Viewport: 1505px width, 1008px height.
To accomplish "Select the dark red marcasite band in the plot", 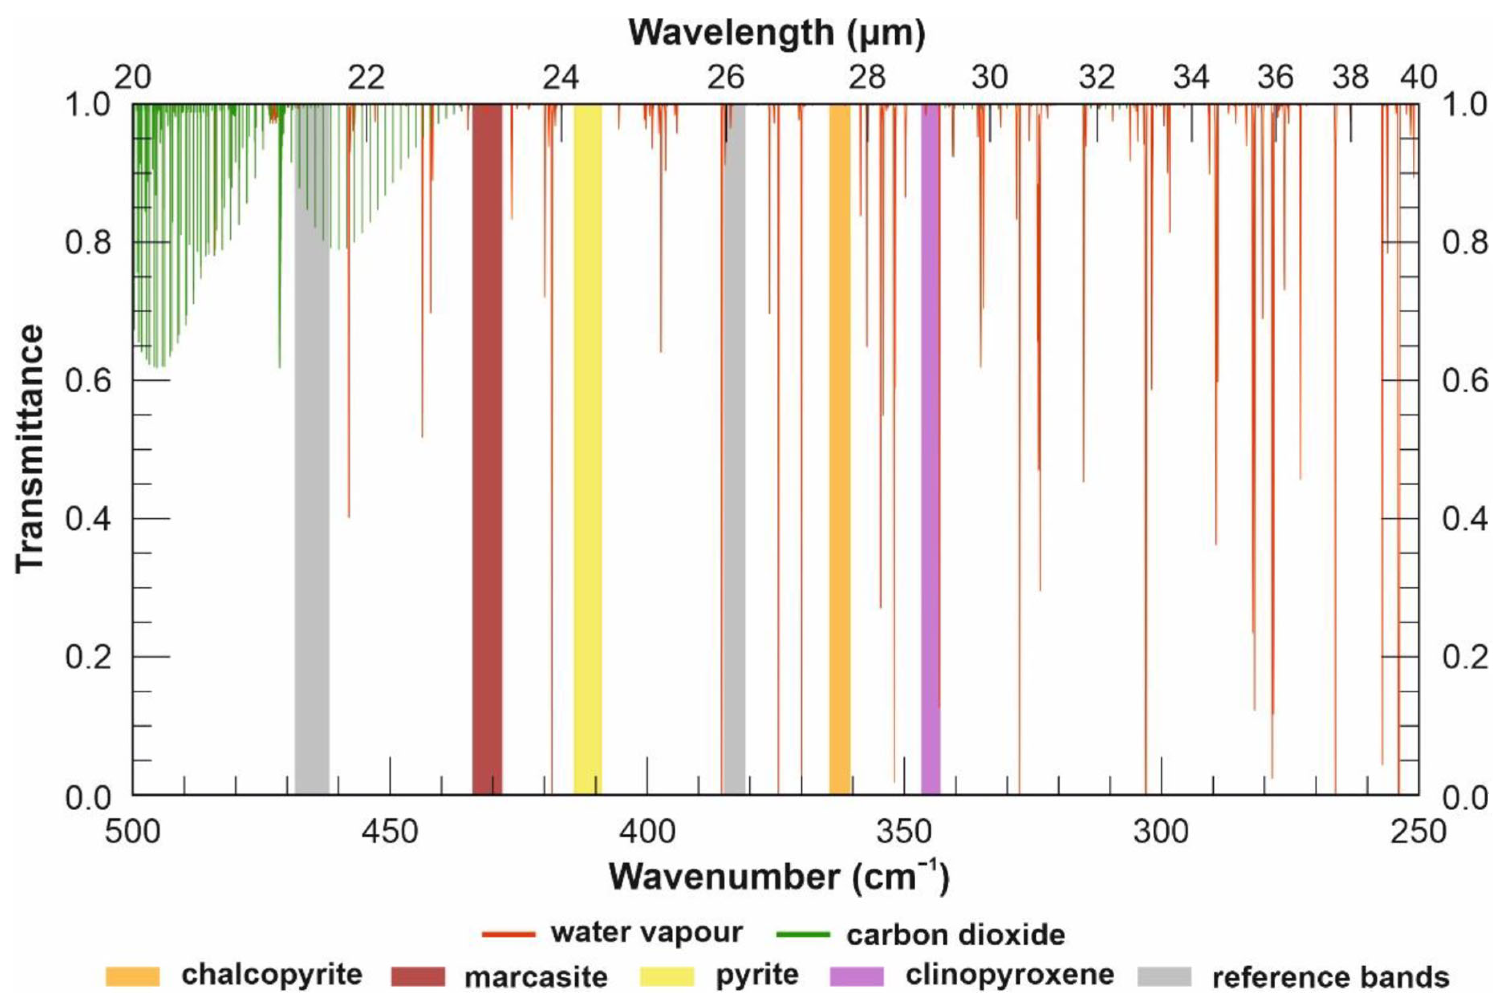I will coord(487,450).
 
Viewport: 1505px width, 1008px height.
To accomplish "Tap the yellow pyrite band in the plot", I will coord(588,450).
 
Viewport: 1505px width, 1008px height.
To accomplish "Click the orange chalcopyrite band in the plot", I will coord(840,450).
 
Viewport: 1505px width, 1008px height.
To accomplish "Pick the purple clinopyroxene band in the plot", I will coord(930,450).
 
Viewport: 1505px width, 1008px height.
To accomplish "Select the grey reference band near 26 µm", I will coord(734,450).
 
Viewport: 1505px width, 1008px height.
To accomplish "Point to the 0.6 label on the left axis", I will coord(89,381).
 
